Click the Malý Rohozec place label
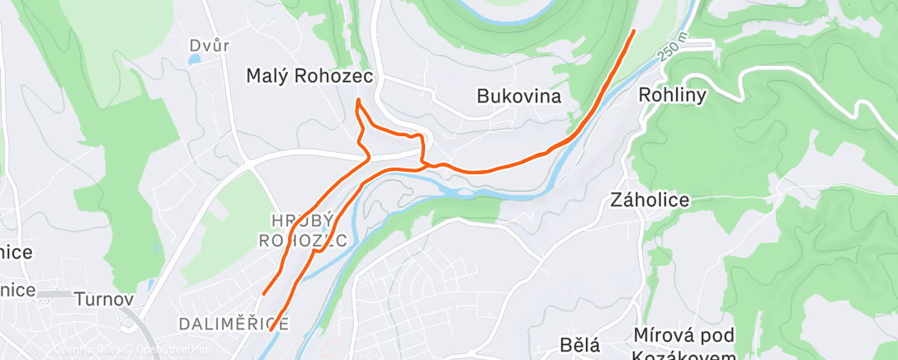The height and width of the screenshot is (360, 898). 310,76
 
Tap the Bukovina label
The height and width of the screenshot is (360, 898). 518,97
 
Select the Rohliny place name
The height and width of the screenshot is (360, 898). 673,96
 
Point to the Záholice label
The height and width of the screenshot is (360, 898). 650,200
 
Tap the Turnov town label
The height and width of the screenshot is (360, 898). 103,298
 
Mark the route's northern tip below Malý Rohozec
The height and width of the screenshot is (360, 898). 358,101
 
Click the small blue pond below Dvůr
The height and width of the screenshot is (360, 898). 193,61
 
